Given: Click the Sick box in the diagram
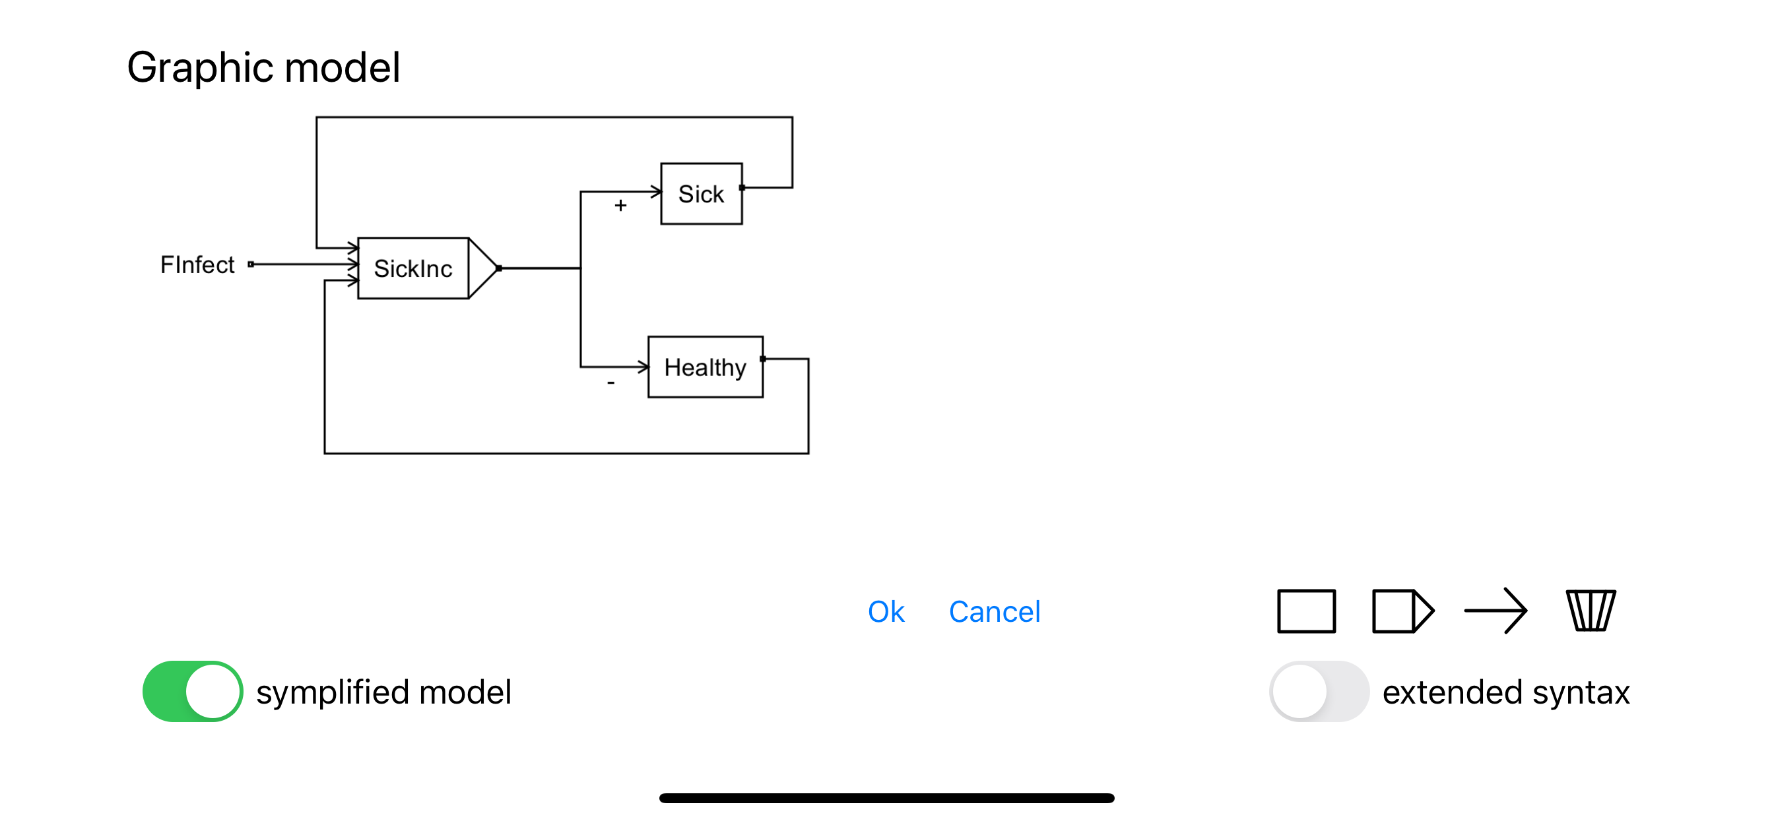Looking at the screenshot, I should pos(701,194).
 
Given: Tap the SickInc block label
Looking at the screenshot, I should pos(412,268).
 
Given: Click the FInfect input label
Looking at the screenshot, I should pos(197,264).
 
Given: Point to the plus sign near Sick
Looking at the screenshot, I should pos(620,206).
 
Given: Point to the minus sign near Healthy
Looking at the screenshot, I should pos(611,382).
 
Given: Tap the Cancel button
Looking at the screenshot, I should pos(994,612).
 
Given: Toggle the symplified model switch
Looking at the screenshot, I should pos(193,691).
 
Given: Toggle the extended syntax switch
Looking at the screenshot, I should pos(1319,691).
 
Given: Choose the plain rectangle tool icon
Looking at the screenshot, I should pos(1305,611).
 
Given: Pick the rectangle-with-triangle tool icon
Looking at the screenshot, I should pos(1402,611).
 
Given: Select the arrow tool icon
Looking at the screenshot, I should pos(1495,611).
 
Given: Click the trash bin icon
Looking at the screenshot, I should pos(1590,611).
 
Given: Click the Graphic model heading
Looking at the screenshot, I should pos(263,67).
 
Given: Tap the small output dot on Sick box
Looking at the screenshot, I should pos(742,187).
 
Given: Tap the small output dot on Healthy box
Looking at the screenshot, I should pos(762,359).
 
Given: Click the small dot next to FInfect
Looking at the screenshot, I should pos(251,264).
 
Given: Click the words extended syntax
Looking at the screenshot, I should pos(1505,692).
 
